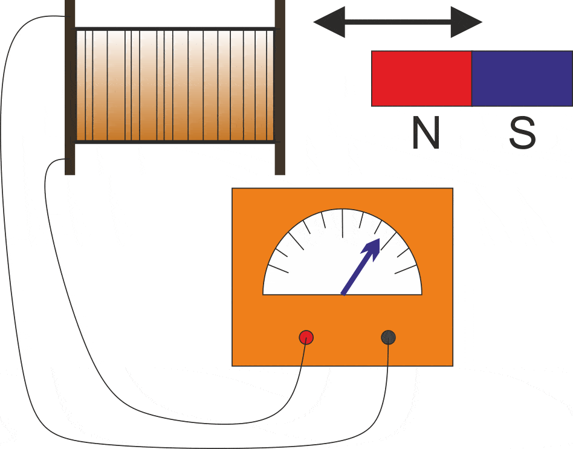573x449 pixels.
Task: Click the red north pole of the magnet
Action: pos(421,79)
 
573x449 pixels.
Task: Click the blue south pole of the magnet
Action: pos(522,79)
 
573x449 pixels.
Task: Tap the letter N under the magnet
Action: pos(425,134)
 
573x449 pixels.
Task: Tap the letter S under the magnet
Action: pos(522,134)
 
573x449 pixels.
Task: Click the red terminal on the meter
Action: pos(306,337)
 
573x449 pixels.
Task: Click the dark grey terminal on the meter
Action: pos(388,337)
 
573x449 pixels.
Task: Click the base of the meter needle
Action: pos(343,294)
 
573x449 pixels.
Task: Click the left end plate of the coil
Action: pos(70,88)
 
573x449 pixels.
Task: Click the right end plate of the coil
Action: pos(280,88)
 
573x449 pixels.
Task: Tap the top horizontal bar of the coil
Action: pos(175,28)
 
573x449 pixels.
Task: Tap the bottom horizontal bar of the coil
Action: pos(175,142)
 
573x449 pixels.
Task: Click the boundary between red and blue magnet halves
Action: pos(471,79)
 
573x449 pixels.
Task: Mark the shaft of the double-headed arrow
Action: pos(398,22)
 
